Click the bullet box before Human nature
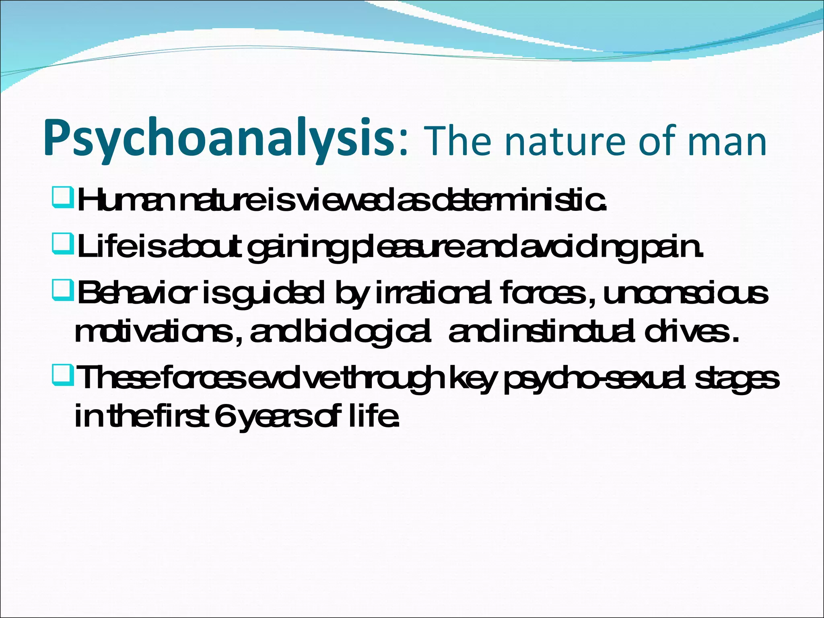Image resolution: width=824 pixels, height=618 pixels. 62,200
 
